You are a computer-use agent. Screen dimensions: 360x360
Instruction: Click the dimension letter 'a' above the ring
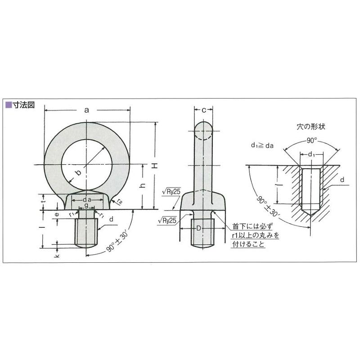pos(87,109)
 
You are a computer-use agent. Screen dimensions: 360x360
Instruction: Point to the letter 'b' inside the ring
pos(78,172)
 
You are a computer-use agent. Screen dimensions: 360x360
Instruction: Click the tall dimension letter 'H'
pos(156,166)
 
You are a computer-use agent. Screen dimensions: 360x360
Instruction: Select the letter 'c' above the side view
pos(204,110)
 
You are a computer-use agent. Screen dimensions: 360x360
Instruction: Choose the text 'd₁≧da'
pos(262,146)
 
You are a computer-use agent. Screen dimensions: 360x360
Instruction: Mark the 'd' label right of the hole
pos(342,180)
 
